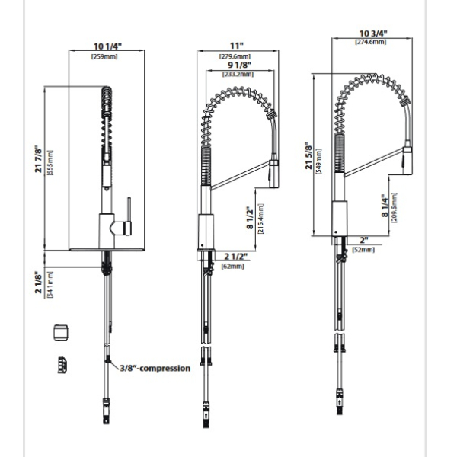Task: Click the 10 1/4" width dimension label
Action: [107, 46]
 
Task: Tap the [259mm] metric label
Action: [104, 56]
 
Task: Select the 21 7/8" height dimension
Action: [38, 160]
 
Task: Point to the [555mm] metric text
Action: [50, 162]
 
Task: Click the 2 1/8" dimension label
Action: [38, 283]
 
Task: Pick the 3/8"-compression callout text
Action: [155, 368]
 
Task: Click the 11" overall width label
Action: [236, 46]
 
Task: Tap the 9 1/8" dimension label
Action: [240, 65]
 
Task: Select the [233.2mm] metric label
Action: [238, 74]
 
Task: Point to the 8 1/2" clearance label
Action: [250, 218]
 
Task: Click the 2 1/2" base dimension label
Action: [236, 257]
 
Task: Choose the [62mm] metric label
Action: [232, 266]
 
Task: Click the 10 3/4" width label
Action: [373, 34]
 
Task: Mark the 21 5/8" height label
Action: [308, 156]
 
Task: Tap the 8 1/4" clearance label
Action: [385, 206]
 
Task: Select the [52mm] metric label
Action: [363, 250]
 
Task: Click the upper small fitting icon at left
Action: [61, 333]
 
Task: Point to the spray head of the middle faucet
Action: [273, 174]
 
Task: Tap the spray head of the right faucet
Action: [407, 161]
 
